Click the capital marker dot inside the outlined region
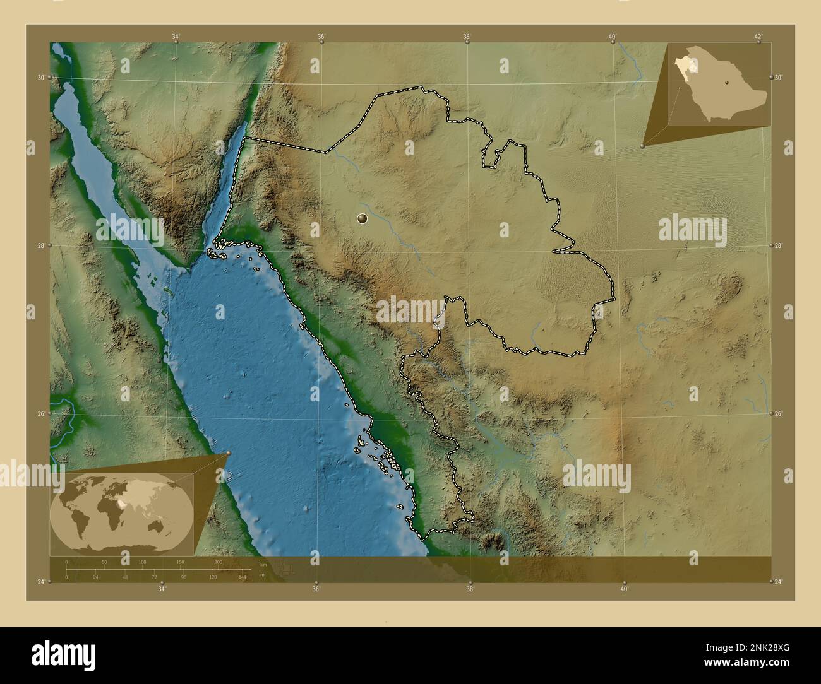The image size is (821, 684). [x=362, y=218]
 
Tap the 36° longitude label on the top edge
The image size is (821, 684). [x=321, y=37]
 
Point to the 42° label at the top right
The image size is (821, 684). [x=758, y=37]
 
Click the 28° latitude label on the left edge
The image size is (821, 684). [x=41, y=245]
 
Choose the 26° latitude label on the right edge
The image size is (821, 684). [x=779, y=413]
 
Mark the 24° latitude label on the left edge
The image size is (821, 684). [x=41, y=581]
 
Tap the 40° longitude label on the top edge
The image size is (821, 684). [x=612, y=37]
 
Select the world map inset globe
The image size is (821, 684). [x=121, y=512]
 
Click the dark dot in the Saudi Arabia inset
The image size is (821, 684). [x=727, y=82]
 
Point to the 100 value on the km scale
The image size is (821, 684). [x=143, y=562]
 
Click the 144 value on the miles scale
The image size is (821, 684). [x=242, y=577]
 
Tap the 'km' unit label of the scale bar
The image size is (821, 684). [x=263, y=565]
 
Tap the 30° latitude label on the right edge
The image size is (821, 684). [x=779, y=77]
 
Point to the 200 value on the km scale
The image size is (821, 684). [x=219, y=562]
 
